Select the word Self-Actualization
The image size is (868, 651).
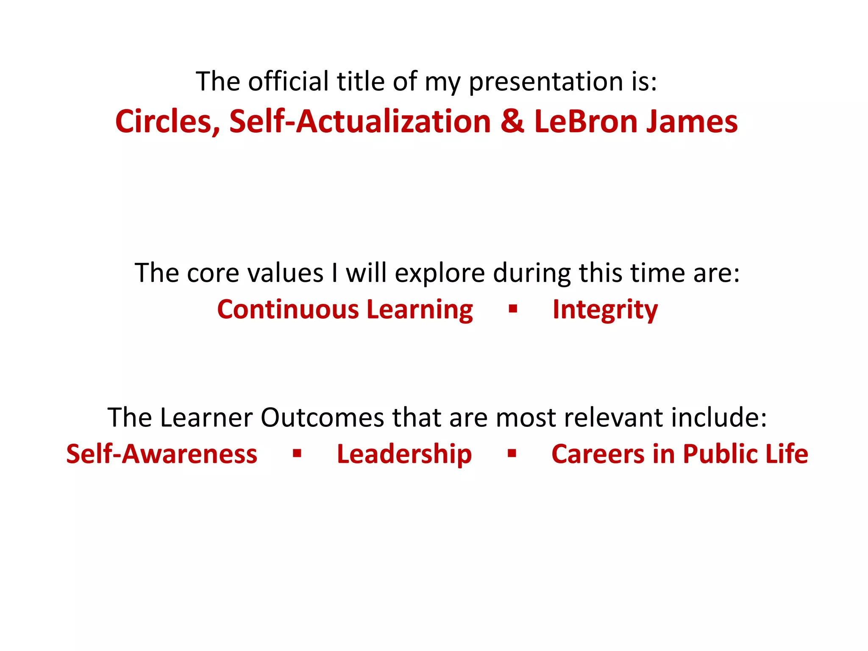click(x=360, y=122)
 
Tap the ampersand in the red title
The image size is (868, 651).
click(x=512, y=122)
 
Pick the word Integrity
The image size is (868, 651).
click(x=605, y=310)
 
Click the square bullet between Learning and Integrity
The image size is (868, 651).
click(x=513, y=309)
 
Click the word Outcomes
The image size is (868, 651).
click(x=322, y=418)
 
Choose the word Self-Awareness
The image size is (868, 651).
click(x=161, y=454)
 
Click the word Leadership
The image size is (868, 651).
click(x=404, y=454)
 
